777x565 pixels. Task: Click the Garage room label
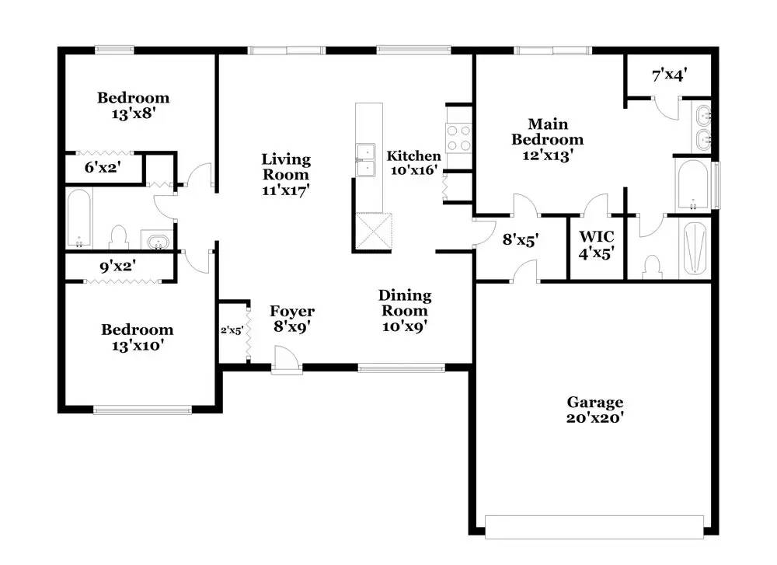point(594,410)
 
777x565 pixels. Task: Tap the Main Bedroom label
point(548,139)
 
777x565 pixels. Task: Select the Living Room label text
point(286,174)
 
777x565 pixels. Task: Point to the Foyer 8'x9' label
point(292,319)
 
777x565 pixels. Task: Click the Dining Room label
point(405,310)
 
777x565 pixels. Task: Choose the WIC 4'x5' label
point(597,245)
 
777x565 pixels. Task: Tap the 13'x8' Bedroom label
point(134,106)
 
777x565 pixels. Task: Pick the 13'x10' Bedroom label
point(138,337)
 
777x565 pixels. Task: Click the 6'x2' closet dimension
point(103,168)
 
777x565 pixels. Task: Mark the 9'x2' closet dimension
point(118,267)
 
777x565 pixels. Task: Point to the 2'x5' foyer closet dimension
point(232,330)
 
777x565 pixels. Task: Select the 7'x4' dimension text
point(669,75)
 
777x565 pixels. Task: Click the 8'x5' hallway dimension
point(521,240)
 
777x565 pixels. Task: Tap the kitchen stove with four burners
point(459,138)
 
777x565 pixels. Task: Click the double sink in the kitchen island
point(365,160)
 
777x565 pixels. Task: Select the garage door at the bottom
point(594,527)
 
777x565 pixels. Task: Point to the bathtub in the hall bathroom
point(78,218)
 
